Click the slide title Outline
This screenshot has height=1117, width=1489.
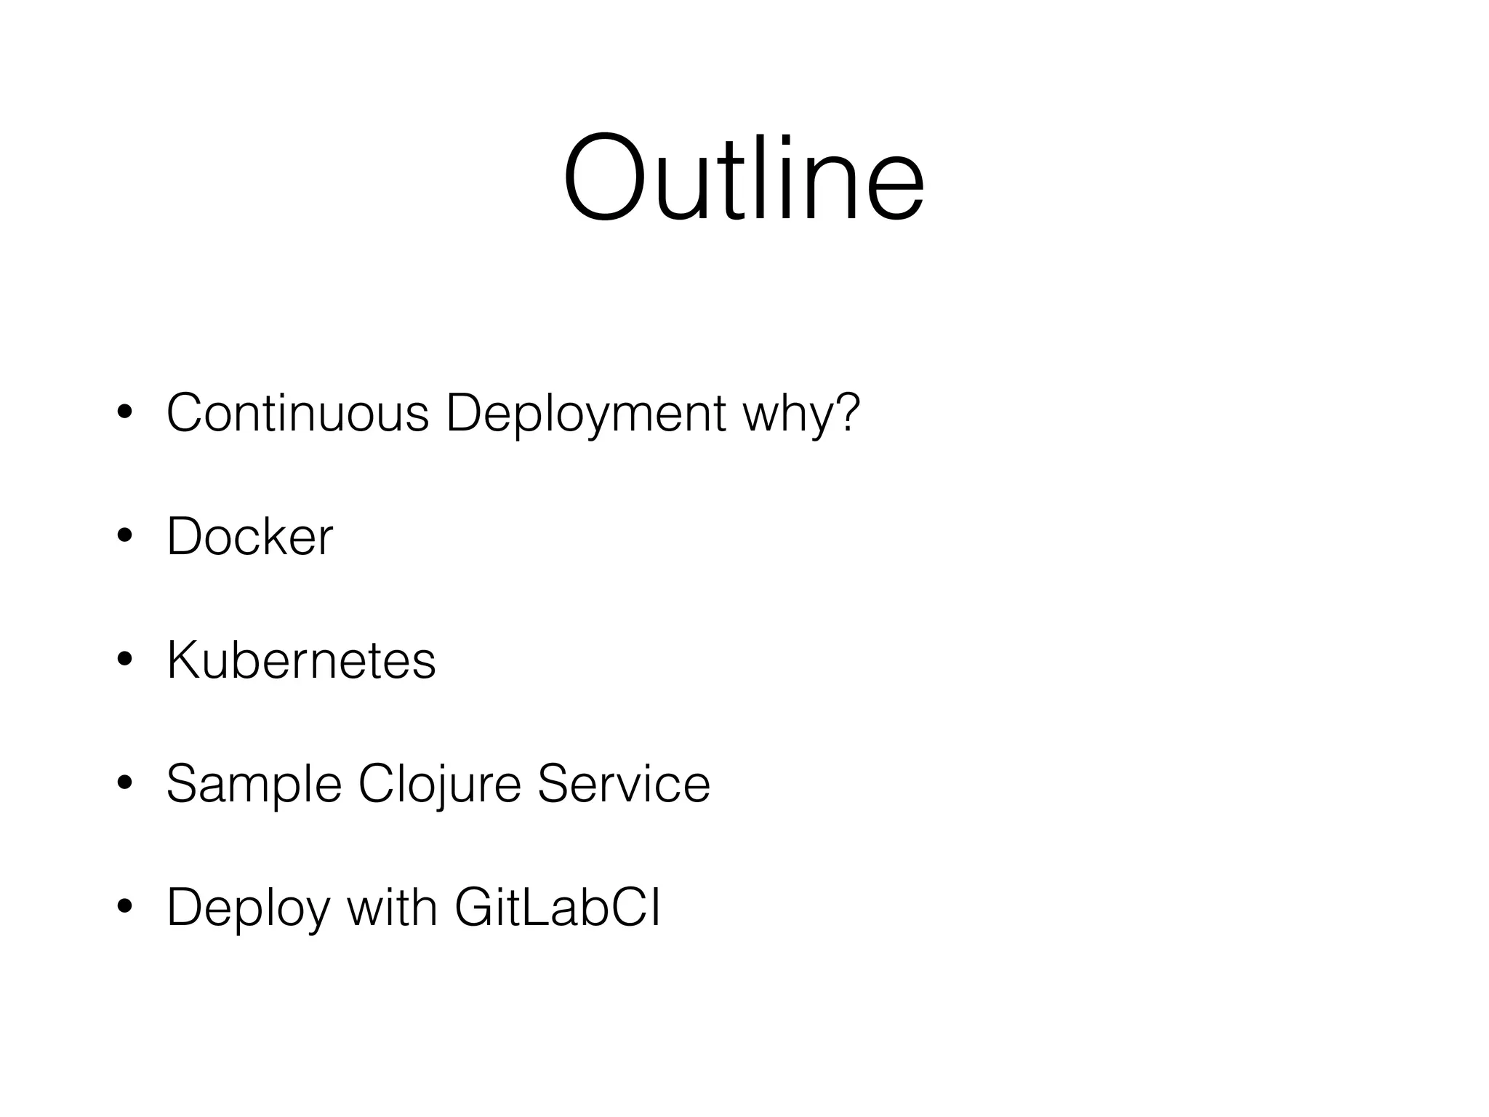coord(743,178)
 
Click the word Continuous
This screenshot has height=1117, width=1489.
coord(298,413)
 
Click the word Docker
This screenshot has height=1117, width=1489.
coord(249,537)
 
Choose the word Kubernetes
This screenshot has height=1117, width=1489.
coord(301,660)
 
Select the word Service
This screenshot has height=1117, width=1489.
coord(623,784)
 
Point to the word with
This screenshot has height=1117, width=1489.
coord(392,908)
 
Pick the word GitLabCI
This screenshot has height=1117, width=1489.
coord(558,908)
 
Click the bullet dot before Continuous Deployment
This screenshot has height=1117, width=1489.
coord(124,413)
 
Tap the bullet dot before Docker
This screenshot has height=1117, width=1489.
coord(124,537)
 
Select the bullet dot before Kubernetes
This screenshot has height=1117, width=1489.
coord(124,660)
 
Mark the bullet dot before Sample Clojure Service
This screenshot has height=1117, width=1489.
coord(124,784)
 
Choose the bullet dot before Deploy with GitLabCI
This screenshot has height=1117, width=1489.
coord(124,908)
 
